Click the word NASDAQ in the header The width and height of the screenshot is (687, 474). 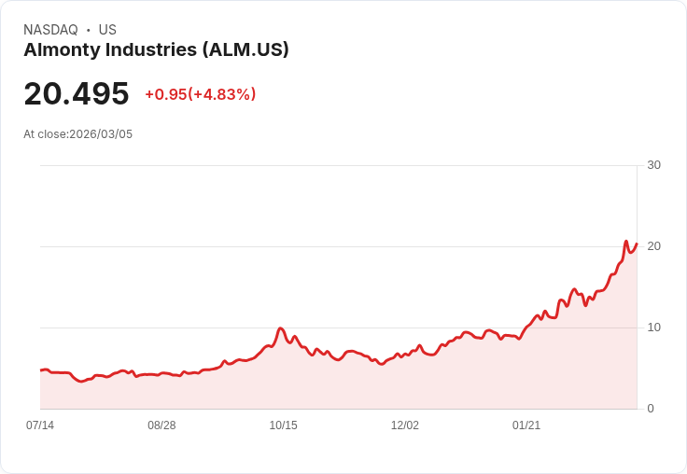(51, 30)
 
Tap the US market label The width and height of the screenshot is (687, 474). (107, 30)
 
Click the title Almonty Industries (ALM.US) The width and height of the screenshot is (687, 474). (156, 49)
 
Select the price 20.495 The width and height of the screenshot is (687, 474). (77, 93)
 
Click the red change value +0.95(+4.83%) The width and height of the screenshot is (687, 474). (200, 94)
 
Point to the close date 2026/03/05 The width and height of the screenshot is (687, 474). (101, 134)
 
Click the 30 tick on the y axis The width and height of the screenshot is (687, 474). (653, 165)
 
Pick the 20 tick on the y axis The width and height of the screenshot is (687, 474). (653, 246)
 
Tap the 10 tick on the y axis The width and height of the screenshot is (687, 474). (653, 328)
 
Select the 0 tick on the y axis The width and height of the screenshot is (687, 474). (650, 409)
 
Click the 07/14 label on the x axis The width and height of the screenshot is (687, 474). (40, 425)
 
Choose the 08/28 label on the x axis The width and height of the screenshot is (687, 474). (161, 425)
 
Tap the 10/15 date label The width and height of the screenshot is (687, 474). (283, 425)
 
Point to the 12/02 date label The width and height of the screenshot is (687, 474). (404, 425)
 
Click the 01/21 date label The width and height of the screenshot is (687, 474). (526, 425)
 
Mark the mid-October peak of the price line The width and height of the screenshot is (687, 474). (280, 328)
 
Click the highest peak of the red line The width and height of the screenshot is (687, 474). (626, 241)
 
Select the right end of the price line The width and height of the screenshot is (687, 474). (637, 244)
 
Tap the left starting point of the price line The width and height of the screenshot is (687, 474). (41, 370)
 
